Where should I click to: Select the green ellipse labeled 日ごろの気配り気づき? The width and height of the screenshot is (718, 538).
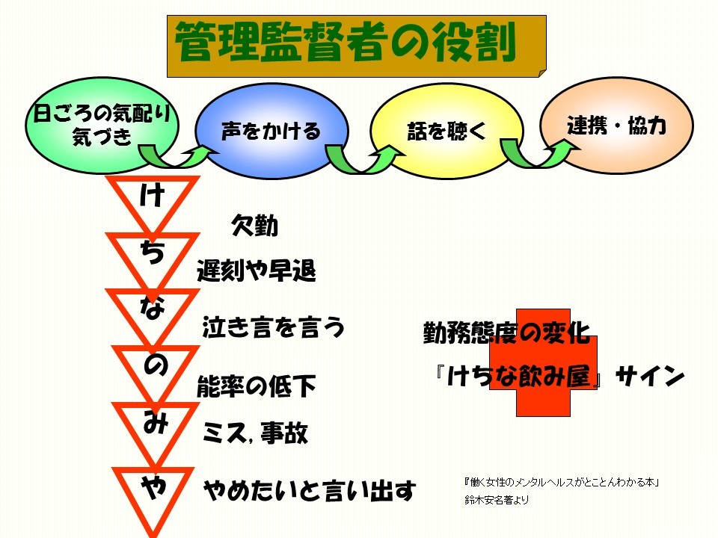click(102, 126)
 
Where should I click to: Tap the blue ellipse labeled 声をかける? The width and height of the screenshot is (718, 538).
click(271, 130)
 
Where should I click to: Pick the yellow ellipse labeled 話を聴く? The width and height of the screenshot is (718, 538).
click(446, 130)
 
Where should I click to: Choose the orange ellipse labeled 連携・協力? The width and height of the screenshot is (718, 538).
click(616, 126)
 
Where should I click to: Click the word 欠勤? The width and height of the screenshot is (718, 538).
click(254, 225)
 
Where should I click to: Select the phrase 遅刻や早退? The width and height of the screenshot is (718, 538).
click(257, 270)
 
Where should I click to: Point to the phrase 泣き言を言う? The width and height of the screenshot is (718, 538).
click(274, 327)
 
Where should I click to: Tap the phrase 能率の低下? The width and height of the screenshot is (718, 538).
click(257, 386)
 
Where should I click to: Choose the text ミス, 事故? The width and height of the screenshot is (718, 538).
click(256, 433)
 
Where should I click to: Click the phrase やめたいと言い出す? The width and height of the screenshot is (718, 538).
click(310, 490)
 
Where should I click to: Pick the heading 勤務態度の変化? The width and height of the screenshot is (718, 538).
click(506, 333)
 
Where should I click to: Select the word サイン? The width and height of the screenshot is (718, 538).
click(650, 376)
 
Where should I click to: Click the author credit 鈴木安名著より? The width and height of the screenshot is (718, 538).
click(497, 500)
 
